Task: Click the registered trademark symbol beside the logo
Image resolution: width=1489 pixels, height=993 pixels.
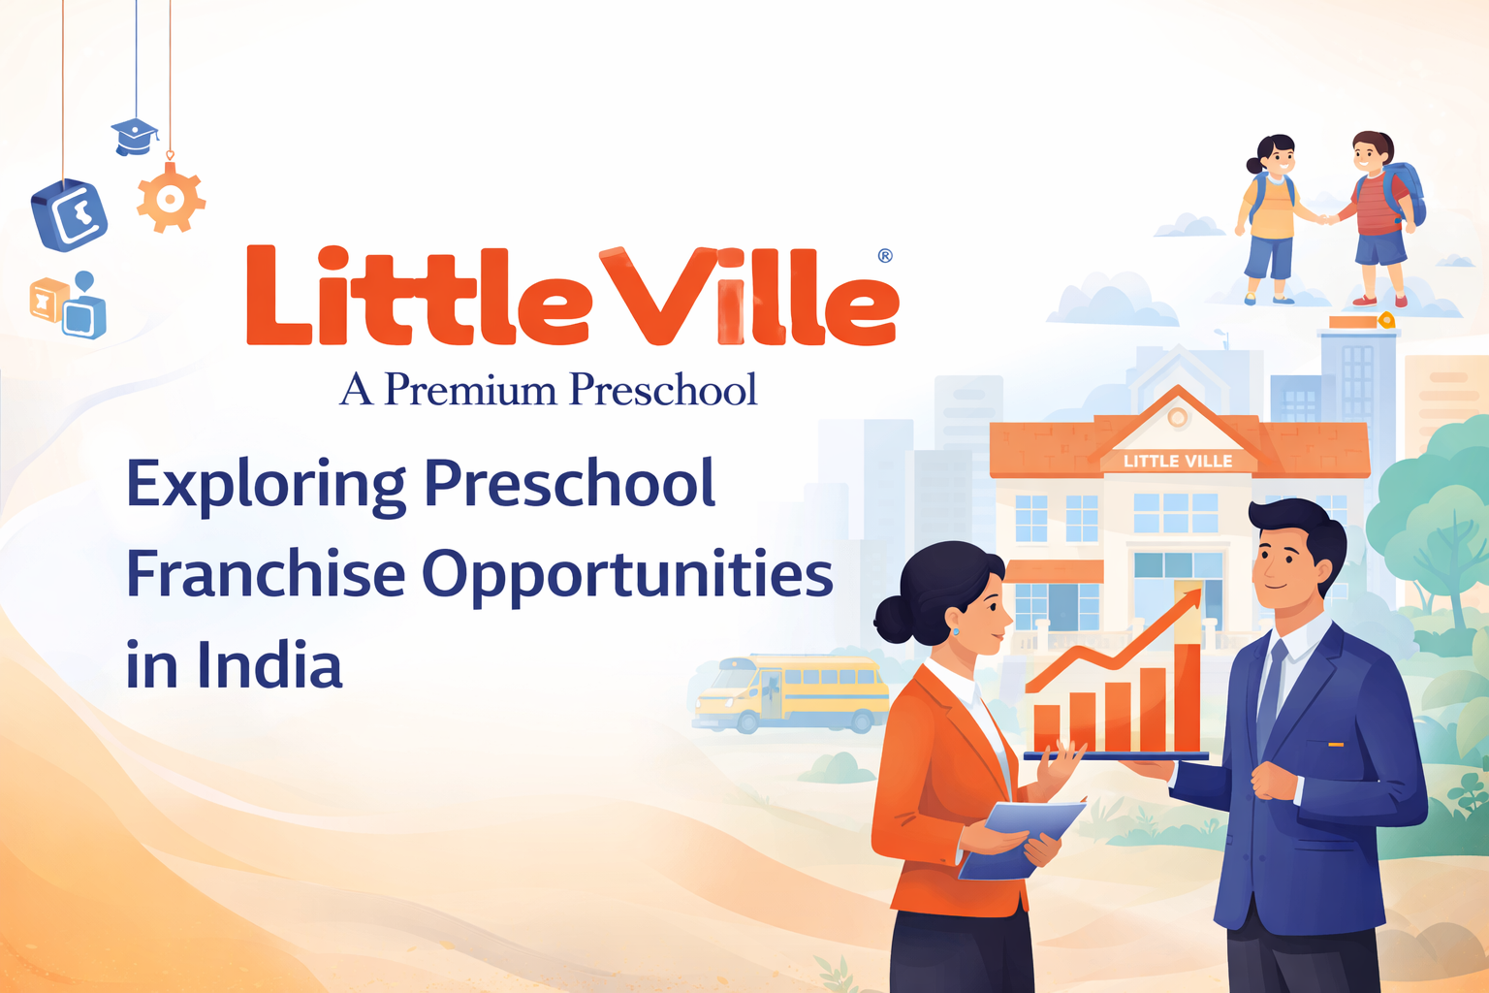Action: [885, 255]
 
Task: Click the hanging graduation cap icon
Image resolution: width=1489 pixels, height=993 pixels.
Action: [135, 137]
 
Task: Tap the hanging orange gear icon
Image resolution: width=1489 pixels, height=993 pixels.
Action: [171, 198]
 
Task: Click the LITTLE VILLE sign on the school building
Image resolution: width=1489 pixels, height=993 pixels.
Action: [1178, 461]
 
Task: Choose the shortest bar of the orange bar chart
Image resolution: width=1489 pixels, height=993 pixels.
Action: [1047, 729]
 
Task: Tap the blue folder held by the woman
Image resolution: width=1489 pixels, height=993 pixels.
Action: [1022, 839]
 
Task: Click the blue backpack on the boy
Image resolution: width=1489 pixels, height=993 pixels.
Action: [1404, 194]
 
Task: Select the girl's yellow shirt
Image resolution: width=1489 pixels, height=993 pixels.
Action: [1272, 207]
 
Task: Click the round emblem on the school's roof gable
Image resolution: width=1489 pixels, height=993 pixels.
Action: [1178, 418]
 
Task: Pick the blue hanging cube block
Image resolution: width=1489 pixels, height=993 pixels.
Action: [69, 215]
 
